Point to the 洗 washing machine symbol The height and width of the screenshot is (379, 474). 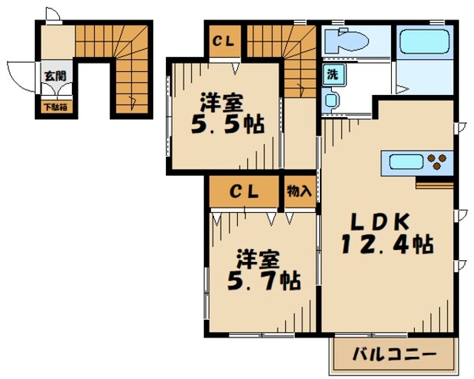pyautogui.click(x=333, y=77)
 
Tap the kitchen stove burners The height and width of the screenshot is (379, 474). pyautogui.click(x=438, y=163)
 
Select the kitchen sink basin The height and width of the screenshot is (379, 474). pyautogui.click(x=404, y=164)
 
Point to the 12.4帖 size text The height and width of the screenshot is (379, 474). pyautogui.click(x=387, y=246)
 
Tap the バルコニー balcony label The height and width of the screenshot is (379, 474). pyautogui.click(x=393, y=354)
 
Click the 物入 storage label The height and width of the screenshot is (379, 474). pyautogui.click(x=299, y=191)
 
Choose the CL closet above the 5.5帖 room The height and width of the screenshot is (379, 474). pyautogui.click(x=222, y=41)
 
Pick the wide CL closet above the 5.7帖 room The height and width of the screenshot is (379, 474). pyautogui.click(x=245, y=191)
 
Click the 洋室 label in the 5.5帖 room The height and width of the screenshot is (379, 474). pyautogui.click(x=221, y=102)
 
